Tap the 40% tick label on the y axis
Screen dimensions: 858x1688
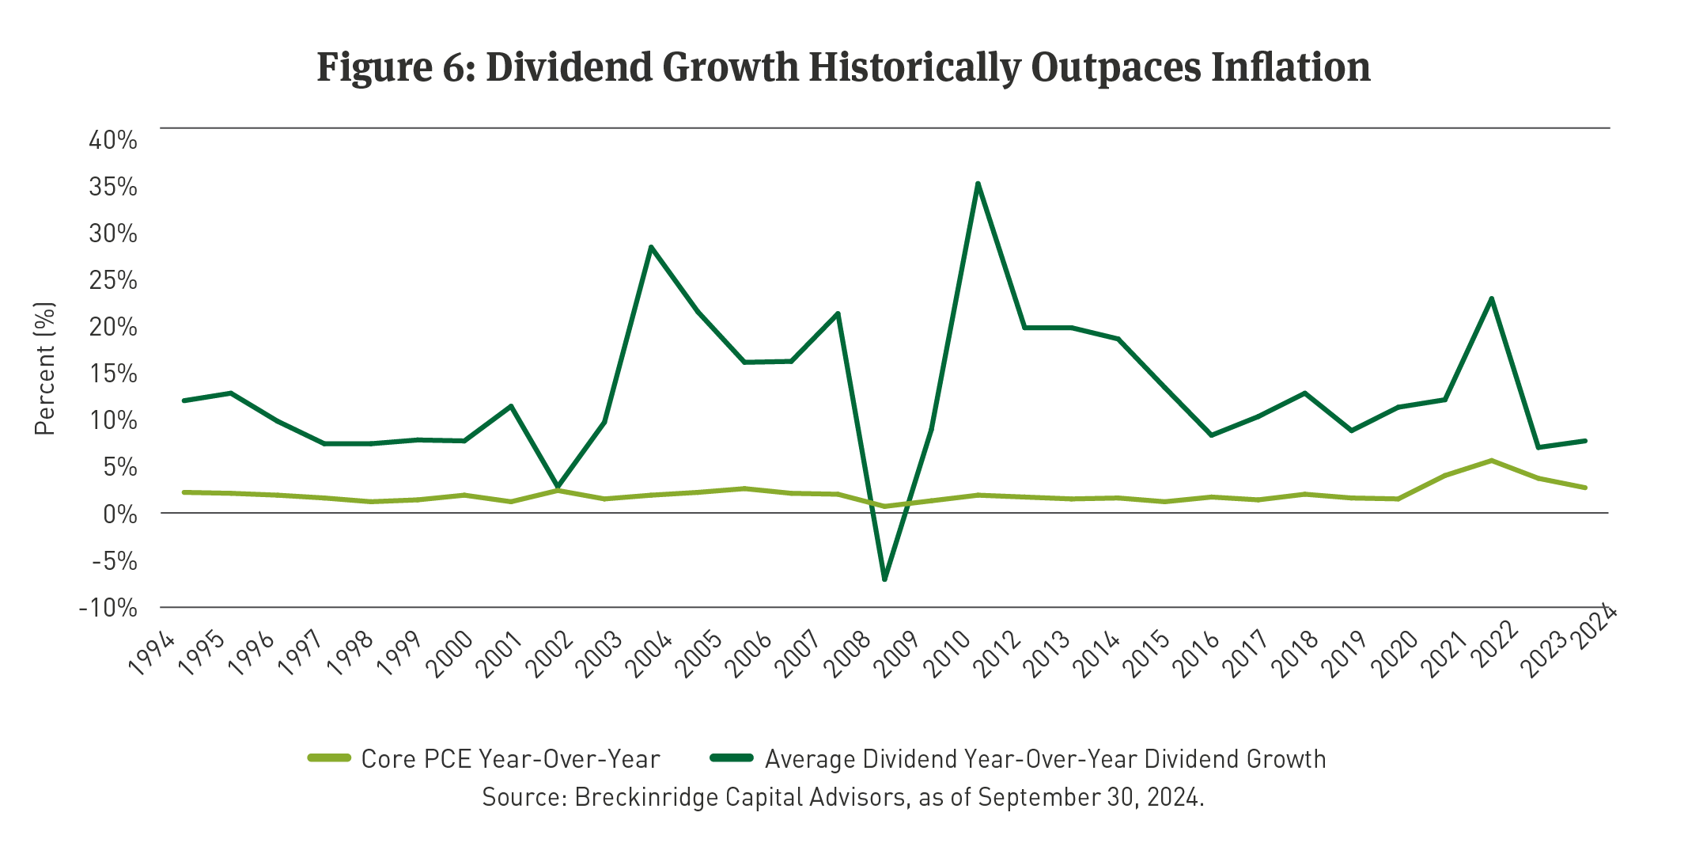113,140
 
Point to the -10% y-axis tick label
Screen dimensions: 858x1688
108,608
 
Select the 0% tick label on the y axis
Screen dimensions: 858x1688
120,514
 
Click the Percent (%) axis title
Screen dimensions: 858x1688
45,368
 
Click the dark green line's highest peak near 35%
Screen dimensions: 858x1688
978,184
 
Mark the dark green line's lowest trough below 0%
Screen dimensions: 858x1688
884,579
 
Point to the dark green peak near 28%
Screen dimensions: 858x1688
650,247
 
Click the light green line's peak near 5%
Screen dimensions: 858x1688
1491,460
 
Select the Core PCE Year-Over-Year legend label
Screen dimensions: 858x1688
510,759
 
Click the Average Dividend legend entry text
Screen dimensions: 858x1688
1045,759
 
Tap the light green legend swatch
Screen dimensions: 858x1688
329,758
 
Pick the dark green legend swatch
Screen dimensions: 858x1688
732,758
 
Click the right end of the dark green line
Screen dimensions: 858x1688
1585,441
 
